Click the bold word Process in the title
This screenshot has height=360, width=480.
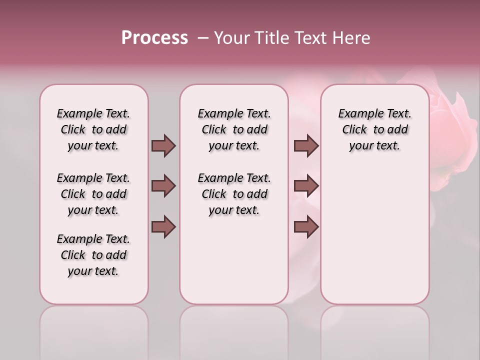click(x=154, y=38)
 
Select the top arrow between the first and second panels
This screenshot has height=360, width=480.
click(x=163, y=145)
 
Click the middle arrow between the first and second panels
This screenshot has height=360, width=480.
click(x=163, y=186)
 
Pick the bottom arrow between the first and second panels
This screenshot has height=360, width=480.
click(x=163, y=226)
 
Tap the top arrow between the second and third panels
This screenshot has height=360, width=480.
click(x=306, y=145)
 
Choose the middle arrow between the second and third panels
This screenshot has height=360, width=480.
click(x=306, y=186)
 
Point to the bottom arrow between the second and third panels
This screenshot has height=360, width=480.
click(x=306, y=226)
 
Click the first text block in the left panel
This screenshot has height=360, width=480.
click(x=93, y=129)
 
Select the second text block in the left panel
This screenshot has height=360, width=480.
click(x=93, y=194)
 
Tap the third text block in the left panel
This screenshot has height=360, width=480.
click(x=93, y=255)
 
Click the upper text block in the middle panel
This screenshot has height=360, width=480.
click(x=234, y=129)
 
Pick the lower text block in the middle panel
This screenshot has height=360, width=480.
click(x=234, y=194)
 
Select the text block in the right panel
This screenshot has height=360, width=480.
click(x=374, y=129)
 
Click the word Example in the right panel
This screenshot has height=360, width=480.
click(x=356, y=114)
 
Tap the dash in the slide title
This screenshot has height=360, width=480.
click(x=202, y=38)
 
